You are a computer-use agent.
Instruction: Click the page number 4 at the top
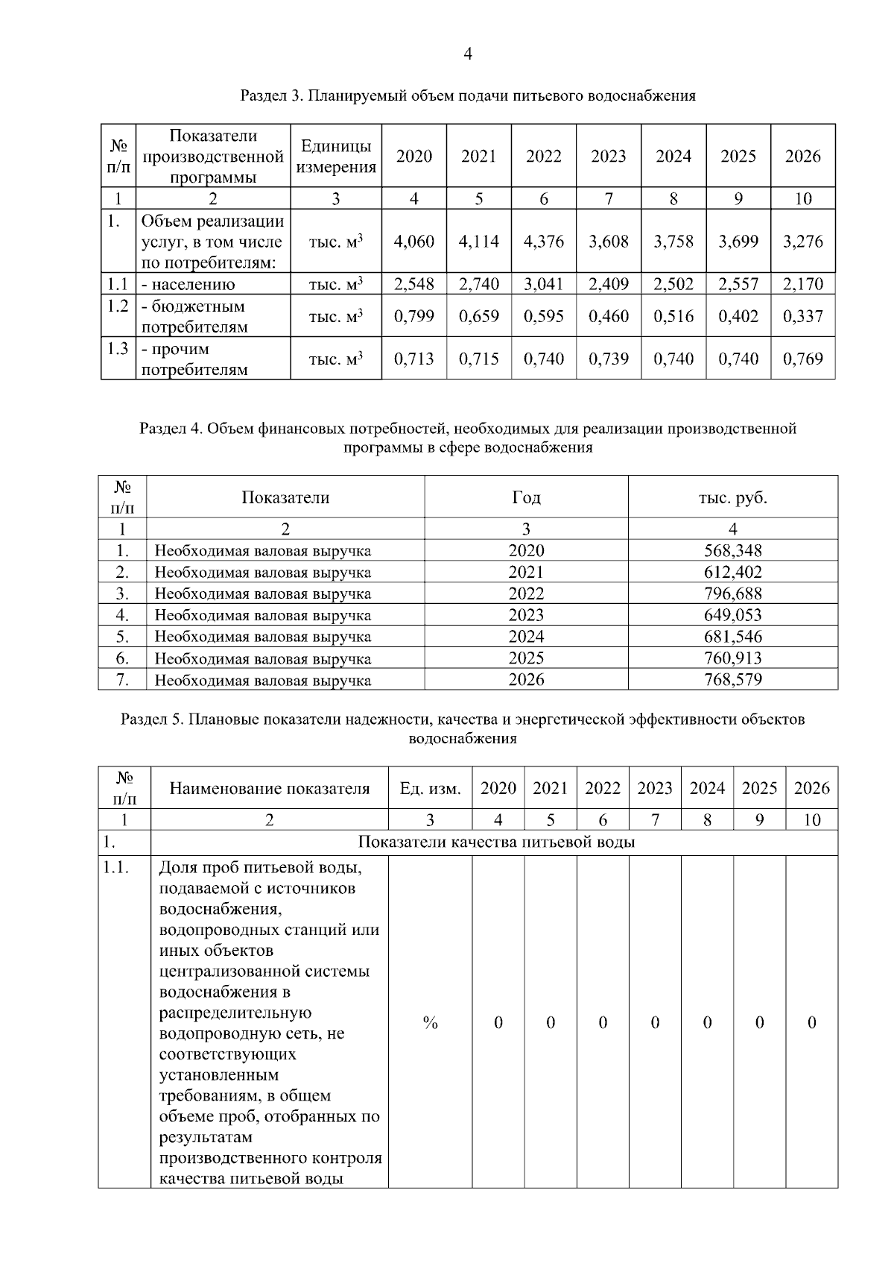tap(467, 54)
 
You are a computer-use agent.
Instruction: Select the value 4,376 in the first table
tap(543, 242)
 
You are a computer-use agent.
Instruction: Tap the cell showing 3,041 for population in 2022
tap(543, 284)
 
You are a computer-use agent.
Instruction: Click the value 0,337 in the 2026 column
tap(802, 316)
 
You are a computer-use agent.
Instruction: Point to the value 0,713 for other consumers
tap(413, 359)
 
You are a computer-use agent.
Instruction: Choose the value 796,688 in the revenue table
tap(732, 593)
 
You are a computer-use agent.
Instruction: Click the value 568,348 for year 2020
tap(732, 550)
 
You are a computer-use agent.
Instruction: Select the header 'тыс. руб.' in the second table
tap(732, 497)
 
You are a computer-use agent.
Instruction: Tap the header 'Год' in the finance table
tap(526, 497)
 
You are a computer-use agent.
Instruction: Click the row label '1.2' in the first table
tap(118, 306)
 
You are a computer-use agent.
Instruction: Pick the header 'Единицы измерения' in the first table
tap(335, 157)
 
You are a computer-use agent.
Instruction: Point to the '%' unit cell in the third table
tap(430, 1022)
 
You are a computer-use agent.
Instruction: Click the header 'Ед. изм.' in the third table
tap(430, 788)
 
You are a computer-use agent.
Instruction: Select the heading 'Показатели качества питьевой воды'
tap(496, 843)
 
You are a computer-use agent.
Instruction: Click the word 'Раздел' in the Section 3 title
tap(263, 95)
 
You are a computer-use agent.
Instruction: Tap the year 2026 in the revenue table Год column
tap(526, 679)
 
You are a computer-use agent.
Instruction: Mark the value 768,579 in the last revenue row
tap(732, 679)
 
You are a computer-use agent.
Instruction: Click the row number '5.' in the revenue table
tap(122, 637)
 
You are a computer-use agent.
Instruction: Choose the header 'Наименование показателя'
tap(269, 788)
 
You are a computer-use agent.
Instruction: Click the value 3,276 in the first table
tap(802, 242)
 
